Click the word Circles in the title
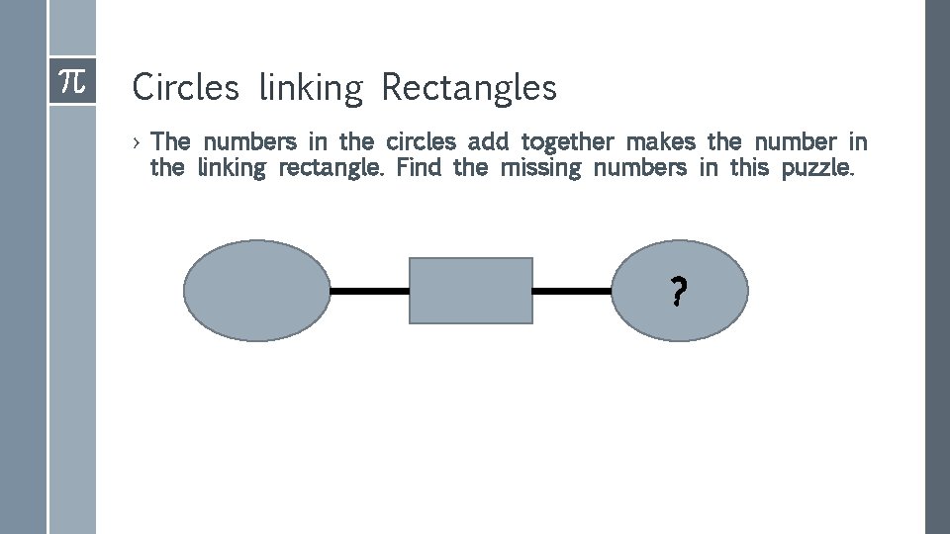[185, 88]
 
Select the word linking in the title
[310, 89]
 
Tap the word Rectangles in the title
[469, 89]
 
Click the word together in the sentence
[567, 142]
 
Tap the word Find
[418, 167]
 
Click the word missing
[542, 168]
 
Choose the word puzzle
[816, 168]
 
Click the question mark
[679, 292]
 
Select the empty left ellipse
[256, 291]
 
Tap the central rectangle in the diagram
[471, 291]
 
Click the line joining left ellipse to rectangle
[369, 291]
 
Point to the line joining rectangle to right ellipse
[573, 291]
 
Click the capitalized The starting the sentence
[171, 141]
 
